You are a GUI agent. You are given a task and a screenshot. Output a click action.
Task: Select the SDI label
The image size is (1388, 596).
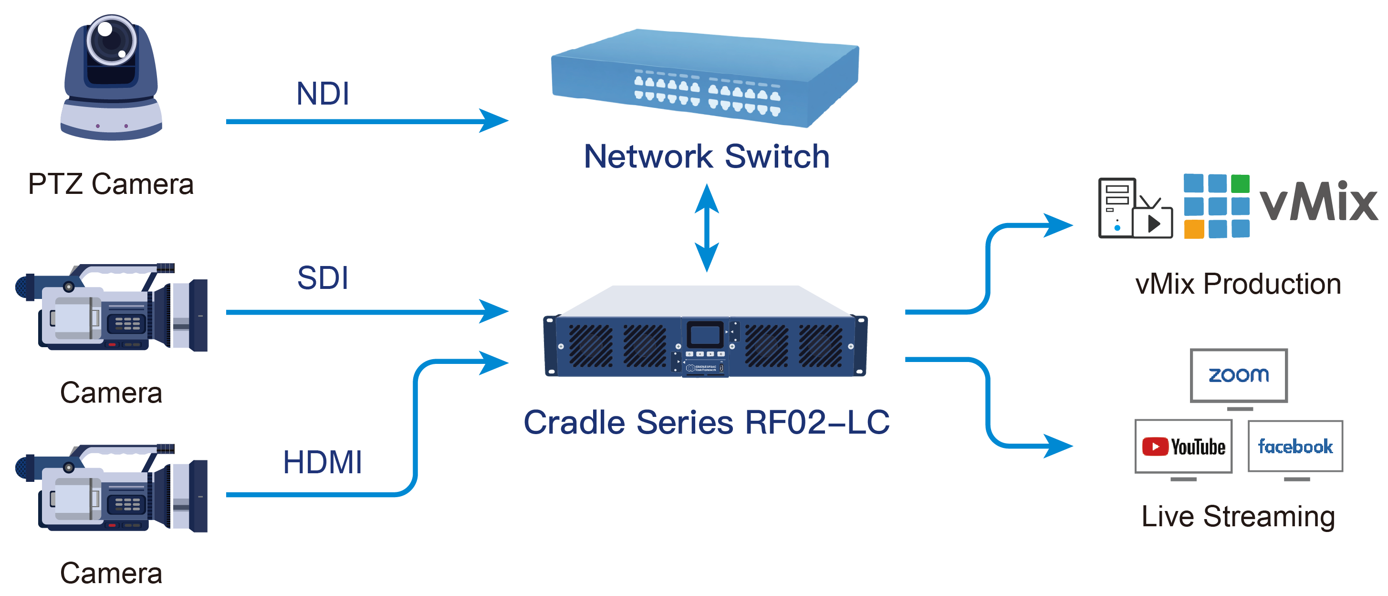[323, 278]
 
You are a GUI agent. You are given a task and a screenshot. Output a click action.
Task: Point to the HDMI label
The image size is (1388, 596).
[322, 462]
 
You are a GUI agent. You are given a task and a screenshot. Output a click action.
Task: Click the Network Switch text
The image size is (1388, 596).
[706, 157]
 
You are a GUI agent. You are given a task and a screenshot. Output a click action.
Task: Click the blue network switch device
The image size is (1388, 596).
[705, 78]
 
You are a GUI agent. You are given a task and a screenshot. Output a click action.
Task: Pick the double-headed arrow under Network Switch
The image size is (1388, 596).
[706, 228]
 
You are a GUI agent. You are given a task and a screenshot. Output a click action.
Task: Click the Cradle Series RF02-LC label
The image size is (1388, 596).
[706, 422]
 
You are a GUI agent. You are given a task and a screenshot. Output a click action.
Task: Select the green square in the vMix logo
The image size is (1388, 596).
[1241, 183]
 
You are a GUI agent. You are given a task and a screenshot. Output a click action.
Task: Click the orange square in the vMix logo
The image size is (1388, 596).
[1194, 229]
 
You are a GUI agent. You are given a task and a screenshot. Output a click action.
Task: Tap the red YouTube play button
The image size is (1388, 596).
[1155, 447]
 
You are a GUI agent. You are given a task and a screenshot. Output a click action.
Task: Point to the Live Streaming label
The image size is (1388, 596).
[1238, 517]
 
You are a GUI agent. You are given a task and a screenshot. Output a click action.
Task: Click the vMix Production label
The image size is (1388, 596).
[1238, 284]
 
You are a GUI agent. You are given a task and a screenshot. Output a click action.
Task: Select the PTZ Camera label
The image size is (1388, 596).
[111, 184]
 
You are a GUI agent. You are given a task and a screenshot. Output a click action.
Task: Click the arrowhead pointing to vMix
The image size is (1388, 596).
[1058, 225]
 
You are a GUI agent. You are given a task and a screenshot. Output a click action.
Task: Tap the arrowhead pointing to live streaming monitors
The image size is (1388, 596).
[1058, 446]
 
